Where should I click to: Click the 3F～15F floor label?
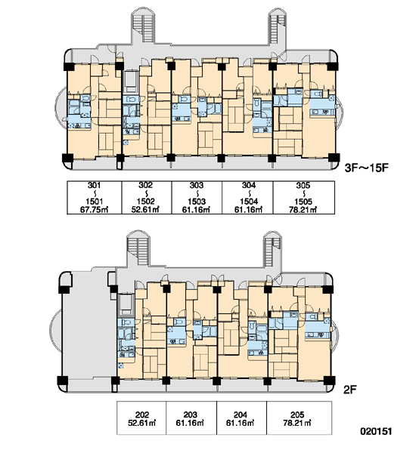tap(366, 168)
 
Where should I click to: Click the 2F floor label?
tap(349, 390)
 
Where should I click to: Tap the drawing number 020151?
tap(376, 431)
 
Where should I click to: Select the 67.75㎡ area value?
tap(94, 209)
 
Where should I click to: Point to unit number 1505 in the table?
tap(303, 202)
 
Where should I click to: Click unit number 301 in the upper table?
tap(94, 185)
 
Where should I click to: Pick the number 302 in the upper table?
tap(145, 185)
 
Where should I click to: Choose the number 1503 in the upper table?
tap(197, 202)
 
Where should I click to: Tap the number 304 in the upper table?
tap(249, 185)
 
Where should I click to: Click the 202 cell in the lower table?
tap(141, 418)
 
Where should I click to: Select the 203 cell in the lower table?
tap(191, 418)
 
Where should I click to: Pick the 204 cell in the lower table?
tap(241, 418)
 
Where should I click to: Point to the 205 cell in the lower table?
tap(299, 418)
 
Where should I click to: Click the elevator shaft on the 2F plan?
tap(126, 304)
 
